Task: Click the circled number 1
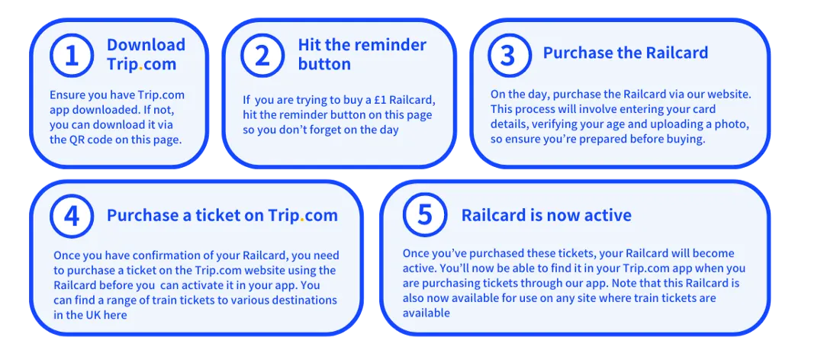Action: (x=72, y=55)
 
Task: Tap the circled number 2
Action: (x=262, y=55)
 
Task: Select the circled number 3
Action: (x=509, y=55)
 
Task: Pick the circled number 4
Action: (x=72, y=216)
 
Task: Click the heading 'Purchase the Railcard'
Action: (x=626, y=53)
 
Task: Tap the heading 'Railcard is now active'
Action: (x=546, y=216)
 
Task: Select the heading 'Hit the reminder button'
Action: (x=362, y=54)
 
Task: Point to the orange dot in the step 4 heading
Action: (x=302, y=221)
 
